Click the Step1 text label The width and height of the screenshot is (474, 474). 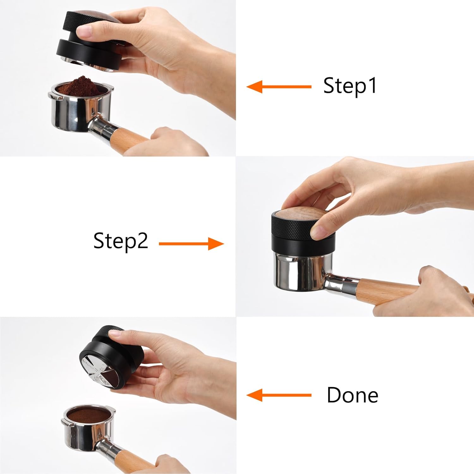(x=350, y=86)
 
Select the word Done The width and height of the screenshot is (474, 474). (x=352, y=395)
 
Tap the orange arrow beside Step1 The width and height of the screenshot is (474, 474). (x=279, y=87)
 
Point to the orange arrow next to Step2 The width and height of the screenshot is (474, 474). (x=191, y=244)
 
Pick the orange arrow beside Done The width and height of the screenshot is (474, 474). (x=279, y=395)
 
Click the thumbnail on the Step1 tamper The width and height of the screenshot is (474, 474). (x=85, y=32)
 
